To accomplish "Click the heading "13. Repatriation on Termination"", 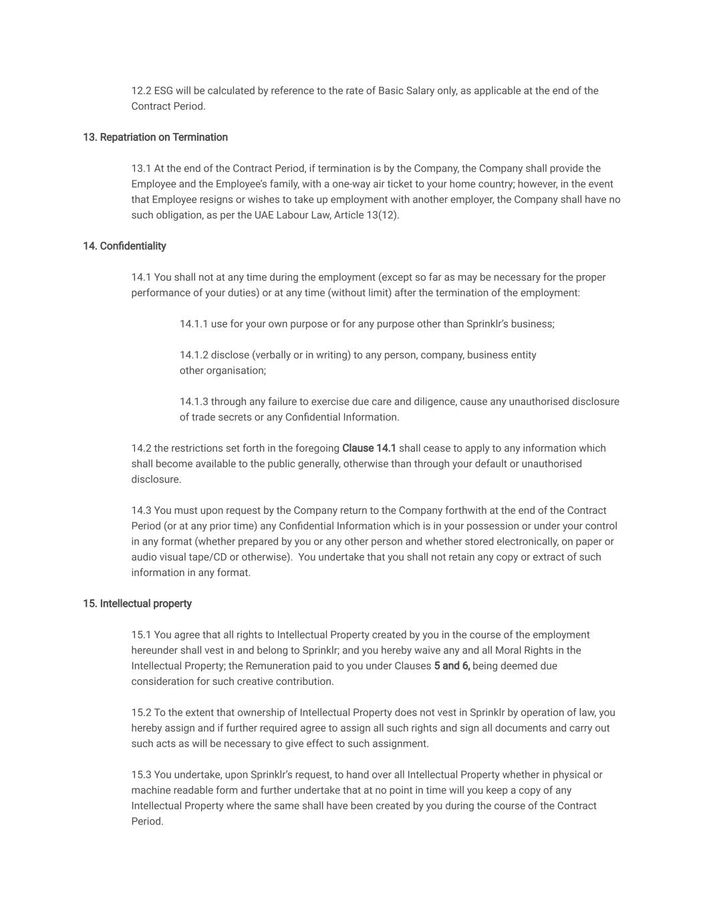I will click(x=155, y=137).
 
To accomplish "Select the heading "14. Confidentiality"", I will click(x=124, y=246).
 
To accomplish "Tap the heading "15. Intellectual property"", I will click(x=137, y=603).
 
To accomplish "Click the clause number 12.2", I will click(x=141, y=91).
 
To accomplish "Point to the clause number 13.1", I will click(x=141, y=168).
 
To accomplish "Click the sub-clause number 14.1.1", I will click(x=194, y=324).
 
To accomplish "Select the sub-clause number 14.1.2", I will click(x=194, y=355).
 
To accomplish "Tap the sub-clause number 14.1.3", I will click(x=194, y=402).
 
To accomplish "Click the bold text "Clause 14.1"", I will click(x=369, y=448).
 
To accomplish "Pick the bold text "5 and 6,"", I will click(x=452, y=665).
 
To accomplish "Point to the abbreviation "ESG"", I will click(x=164, y=91).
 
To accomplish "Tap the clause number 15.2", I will click(x=141, y=712).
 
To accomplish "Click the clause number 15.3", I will click(x=141, y=774).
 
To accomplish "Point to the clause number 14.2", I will click(x=141, y=448).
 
